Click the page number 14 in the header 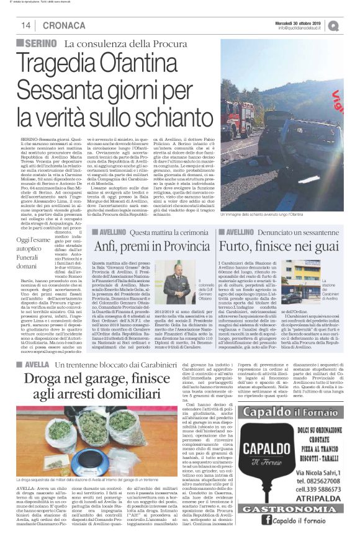26,25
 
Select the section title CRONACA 65,25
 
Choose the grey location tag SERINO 38,42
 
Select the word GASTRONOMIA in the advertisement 279,509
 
